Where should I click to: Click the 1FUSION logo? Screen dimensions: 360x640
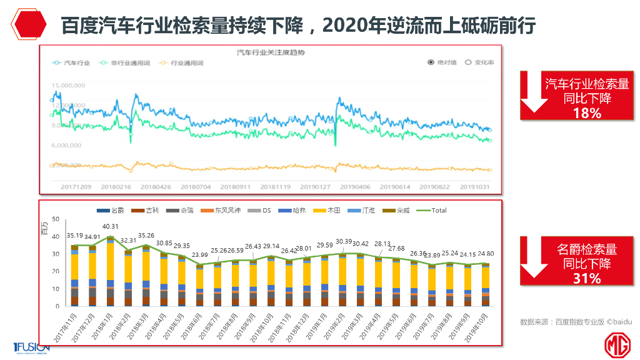[x=32, y=347]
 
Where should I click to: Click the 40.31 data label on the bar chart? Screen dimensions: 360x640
[x=110, y=227]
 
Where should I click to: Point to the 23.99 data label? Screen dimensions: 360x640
[x=199, y=255]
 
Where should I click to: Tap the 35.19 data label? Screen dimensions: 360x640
[x=74, y=236]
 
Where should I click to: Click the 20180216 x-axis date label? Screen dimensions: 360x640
[x=116, y=186]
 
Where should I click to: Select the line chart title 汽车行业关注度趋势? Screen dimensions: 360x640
[x=271, y=52]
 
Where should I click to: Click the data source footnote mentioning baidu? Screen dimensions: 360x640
[x=576, y=322]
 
